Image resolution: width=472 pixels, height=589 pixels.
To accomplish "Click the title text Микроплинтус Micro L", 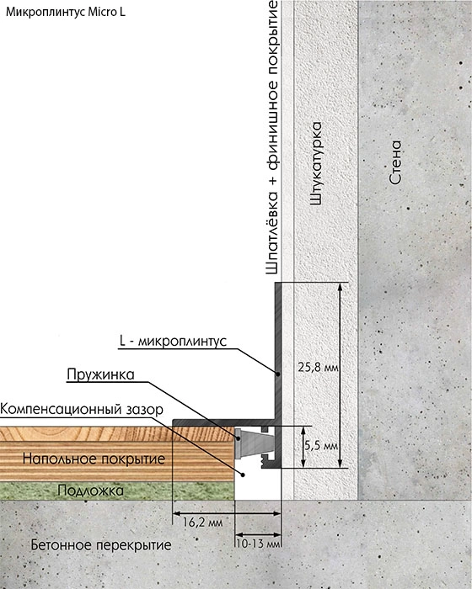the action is click(66, 12).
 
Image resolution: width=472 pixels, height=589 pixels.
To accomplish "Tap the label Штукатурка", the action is click(316, 163).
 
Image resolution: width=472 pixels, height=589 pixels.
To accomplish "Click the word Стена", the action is click(395, 162).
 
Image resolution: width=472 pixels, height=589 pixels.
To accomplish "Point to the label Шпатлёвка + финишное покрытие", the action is click(271, 137).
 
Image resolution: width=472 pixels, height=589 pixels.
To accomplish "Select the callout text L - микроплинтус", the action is click(173, 342).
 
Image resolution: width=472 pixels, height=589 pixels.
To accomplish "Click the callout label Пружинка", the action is click(100, 374).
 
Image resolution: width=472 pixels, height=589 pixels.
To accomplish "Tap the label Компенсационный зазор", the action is click(82, 409).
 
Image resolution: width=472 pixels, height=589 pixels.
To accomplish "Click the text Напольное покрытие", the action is click(94, 459).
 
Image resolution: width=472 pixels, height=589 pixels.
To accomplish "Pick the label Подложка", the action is click(91, 491).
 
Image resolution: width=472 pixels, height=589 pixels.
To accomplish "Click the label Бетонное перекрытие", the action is click(101, 544).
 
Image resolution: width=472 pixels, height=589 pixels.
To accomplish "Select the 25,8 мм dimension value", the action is click(318, 367).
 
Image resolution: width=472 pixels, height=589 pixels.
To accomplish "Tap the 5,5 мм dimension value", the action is click(321, 446).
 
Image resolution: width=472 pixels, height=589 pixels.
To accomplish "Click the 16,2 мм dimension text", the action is click(202, 523).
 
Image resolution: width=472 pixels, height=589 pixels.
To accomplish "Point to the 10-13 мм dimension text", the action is click(258, 544).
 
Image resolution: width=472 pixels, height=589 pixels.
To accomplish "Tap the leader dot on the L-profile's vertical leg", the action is click(277, 374).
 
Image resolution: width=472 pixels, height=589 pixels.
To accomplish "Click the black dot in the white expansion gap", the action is click(243, 475).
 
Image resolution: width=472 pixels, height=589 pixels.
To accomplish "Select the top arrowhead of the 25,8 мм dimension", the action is click(340, 287).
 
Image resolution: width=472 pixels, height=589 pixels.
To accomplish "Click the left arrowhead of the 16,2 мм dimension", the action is click(176, 513).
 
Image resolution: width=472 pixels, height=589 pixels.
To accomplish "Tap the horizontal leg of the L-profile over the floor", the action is click(224, 422).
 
